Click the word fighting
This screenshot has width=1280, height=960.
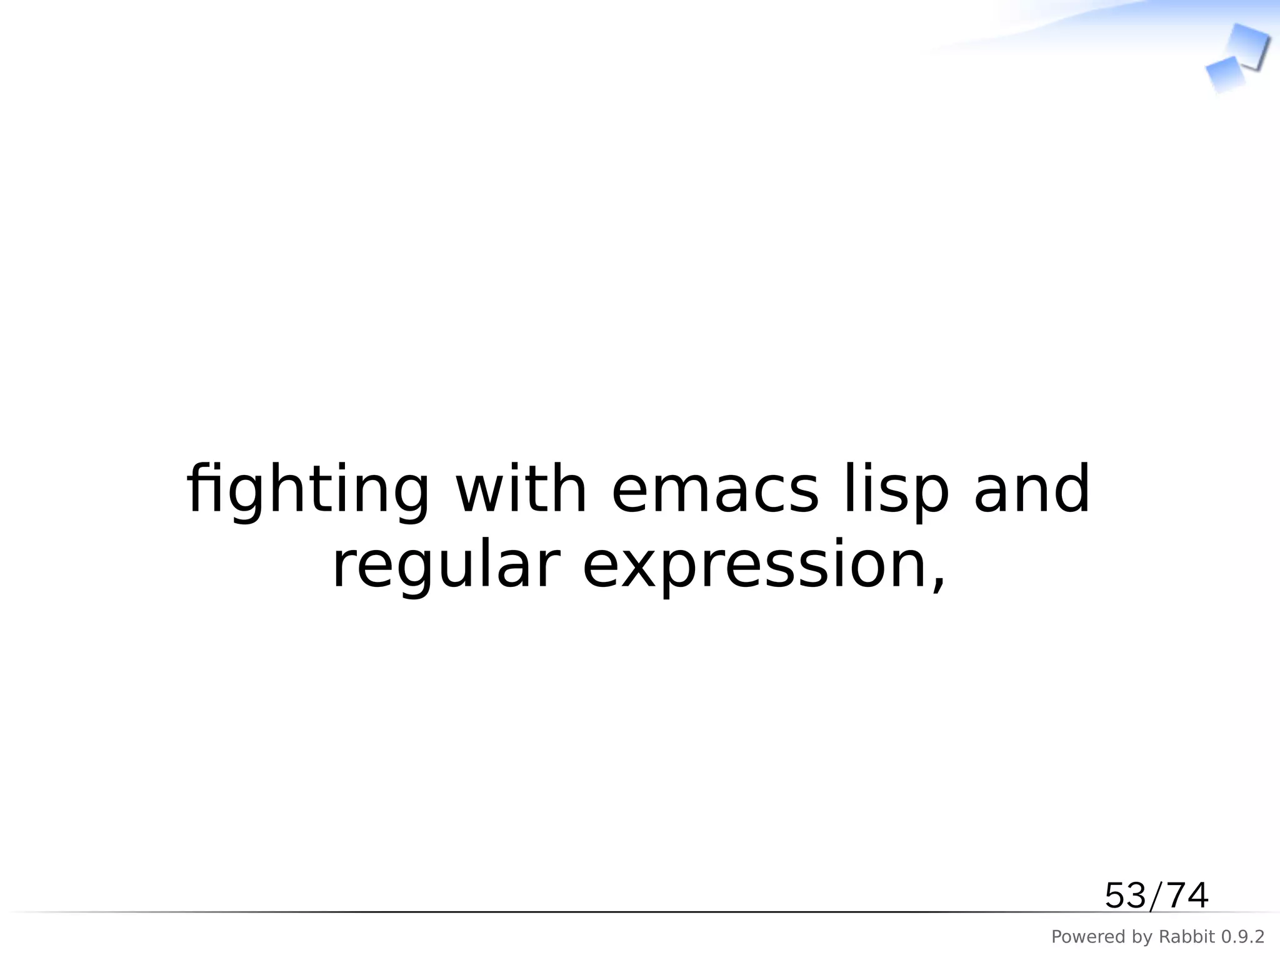click(x=308, y=490)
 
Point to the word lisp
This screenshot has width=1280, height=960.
click(x=896, y=490)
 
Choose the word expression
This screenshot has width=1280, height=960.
click(x=755, y=566)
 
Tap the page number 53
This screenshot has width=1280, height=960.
click(x=1125, y=896)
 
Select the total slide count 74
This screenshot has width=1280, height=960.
click(x=1187, y=896)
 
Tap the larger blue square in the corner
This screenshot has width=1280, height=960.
click(x=1247, y=45)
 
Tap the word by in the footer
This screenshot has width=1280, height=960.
click(x=1143, y=937)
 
